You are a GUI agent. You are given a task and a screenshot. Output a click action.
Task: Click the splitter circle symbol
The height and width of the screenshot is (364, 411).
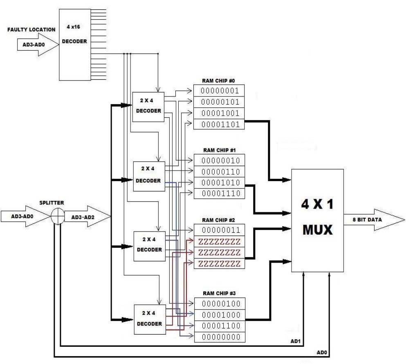pos(58,216)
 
